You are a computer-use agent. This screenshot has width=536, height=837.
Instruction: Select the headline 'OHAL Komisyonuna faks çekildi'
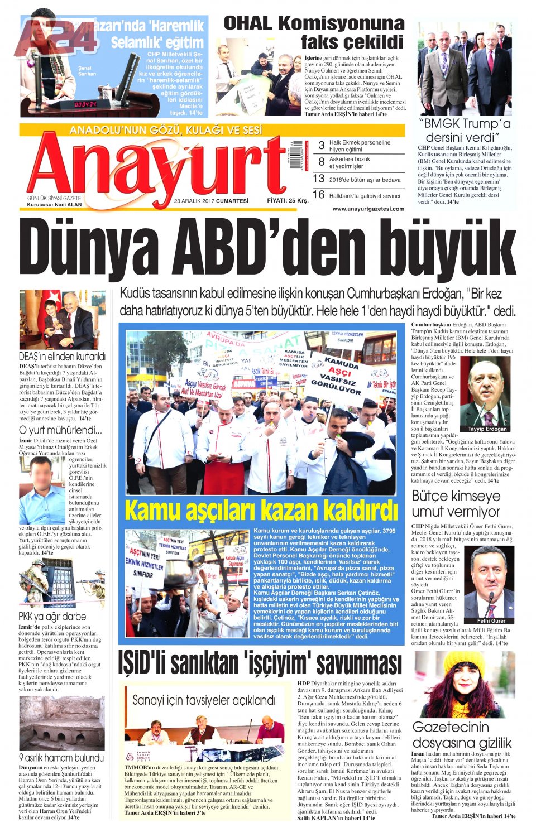314,32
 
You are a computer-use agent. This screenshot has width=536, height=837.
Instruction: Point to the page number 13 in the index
318,179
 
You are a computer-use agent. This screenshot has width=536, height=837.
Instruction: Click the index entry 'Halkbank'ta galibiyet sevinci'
364,196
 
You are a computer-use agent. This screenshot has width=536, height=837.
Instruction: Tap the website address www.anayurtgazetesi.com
368,209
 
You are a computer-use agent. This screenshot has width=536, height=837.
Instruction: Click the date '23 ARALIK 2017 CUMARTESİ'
211,201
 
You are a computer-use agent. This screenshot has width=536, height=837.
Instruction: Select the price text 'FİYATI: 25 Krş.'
288,200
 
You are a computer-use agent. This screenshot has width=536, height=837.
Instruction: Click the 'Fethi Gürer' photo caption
491,620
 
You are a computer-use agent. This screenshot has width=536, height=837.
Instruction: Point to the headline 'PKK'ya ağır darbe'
52,617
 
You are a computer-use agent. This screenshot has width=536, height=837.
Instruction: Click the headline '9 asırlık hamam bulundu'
61,758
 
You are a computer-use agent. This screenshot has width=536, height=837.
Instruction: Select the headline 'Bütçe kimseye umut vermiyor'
456,503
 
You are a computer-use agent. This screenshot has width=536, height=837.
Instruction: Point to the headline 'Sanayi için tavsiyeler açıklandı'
204,700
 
